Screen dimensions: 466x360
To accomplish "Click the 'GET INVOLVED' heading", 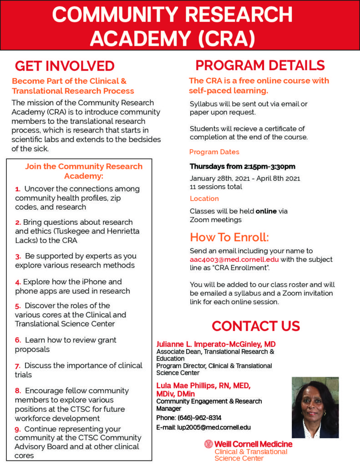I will [x=65, y=66].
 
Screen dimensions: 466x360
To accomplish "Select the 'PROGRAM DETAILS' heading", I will [x=260, y=65].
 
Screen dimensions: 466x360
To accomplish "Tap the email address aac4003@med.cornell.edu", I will [x=234, y=260].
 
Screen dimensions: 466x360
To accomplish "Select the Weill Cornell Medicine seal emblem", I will [x=208, y=444].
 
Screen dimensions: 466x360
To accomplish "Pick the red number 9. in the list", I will [x=18, y=429].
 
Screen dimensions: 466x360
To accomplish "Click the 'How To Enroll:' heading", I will [x=229, y=237].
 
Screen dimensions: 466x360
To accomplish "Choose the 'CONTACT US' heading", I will [x=256, y=326].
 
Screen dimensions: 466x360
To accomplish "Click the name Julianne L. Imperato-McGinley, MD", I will [x=216, y=344].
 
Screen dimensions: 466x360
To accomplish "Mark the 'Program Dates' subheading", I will [x=214, y=152].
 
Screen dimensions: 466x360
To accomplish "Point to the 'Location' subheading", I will [x=204, y=198].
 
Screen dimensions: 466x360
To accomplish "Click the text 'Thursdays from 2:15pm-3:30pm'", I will [x=243, y=166].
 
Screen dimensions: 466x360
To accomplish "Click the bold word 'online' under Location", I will [x=266, y=211].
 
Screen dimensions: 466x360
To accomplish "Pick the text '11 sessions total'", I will [x=216, y=187].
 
